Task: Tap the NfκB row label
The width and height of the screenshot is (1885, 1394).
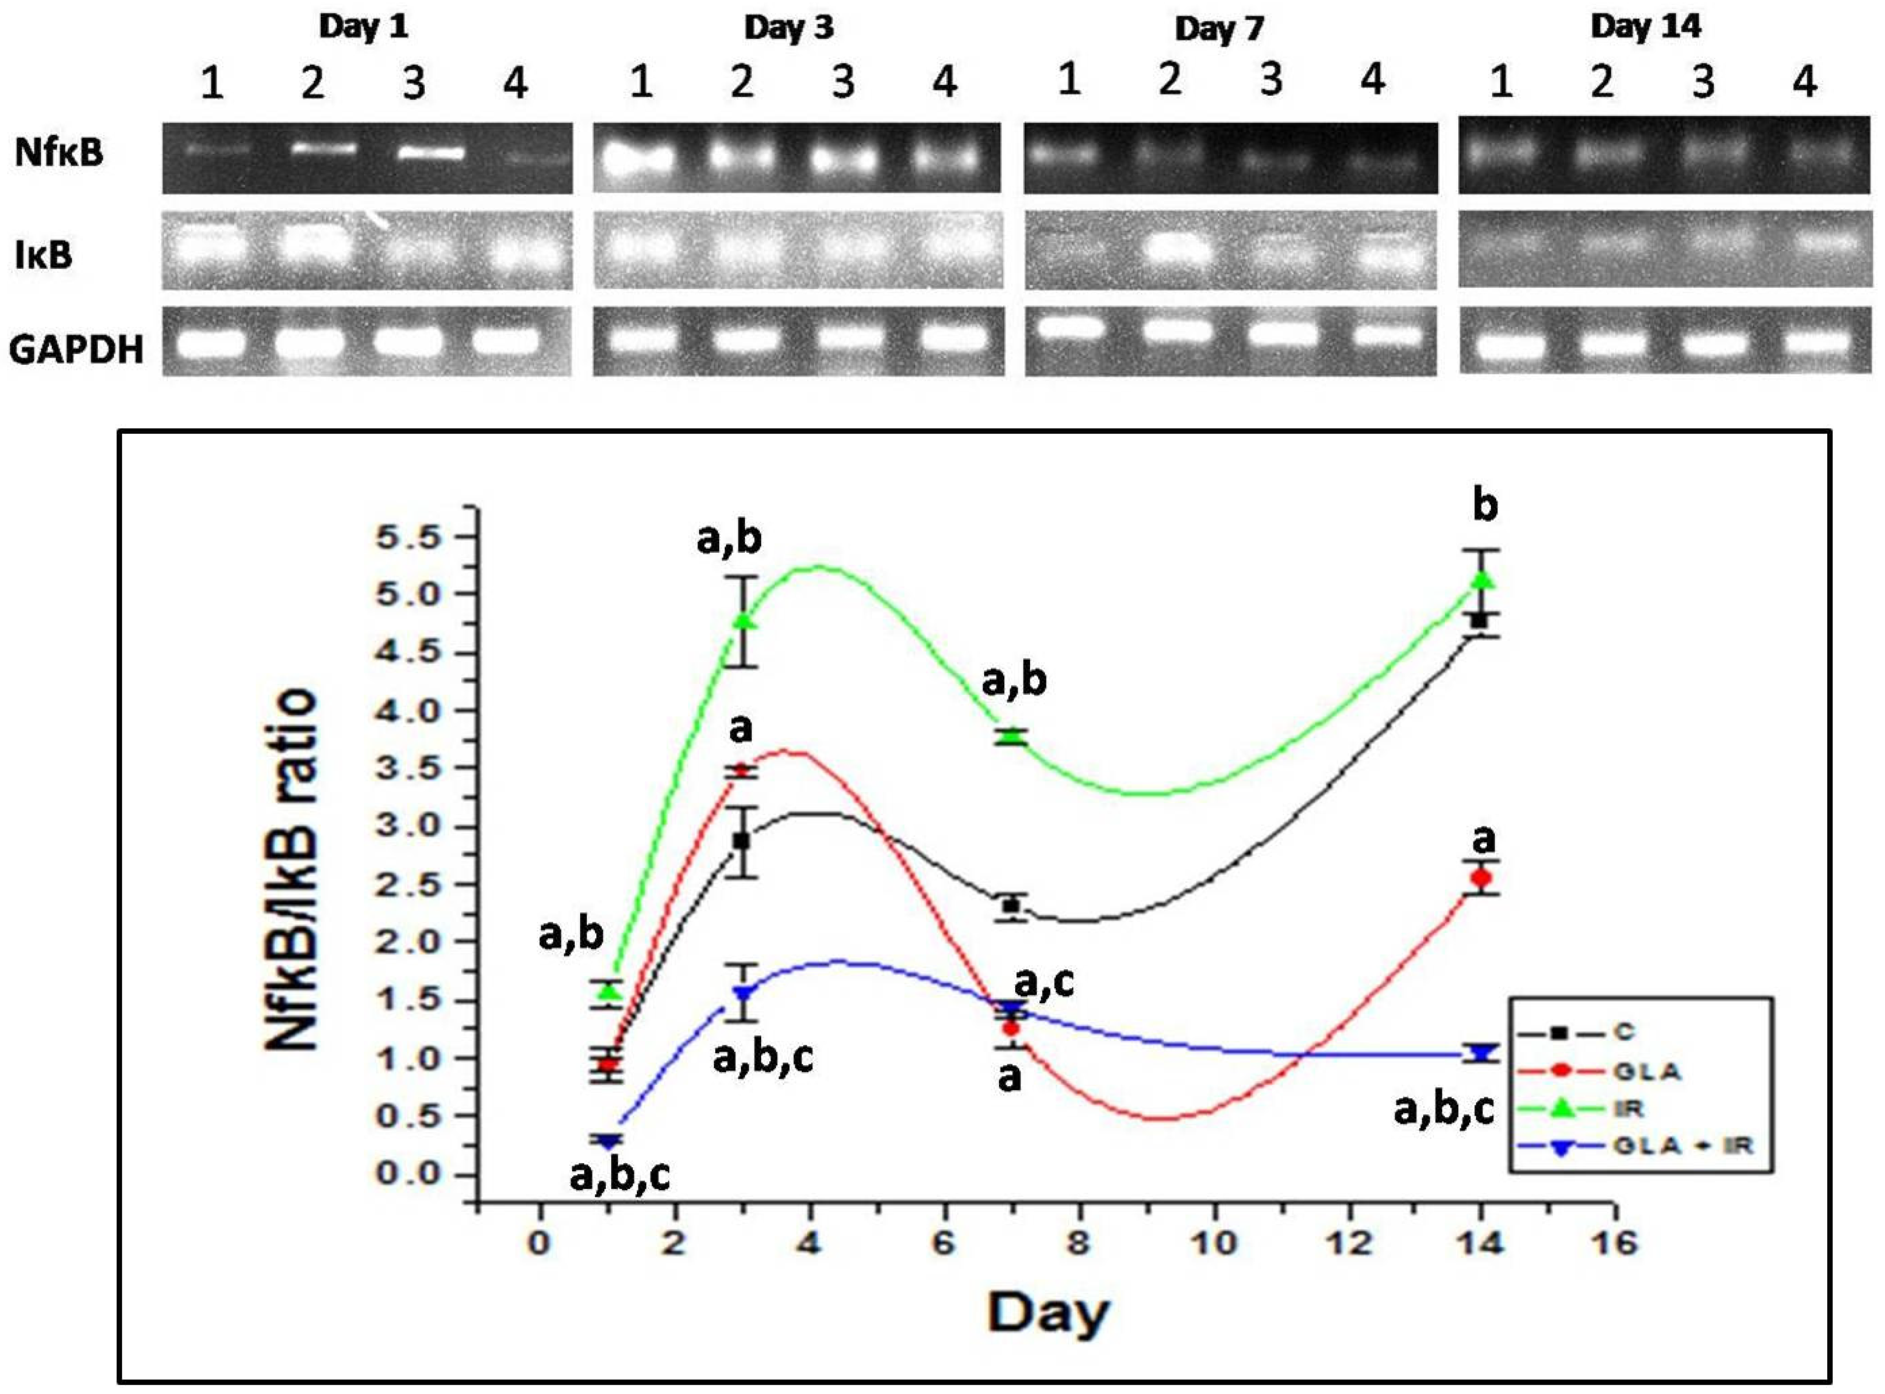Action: pos(59,153)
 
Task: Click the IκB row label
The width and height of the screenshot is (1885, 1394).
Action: pos(44,253)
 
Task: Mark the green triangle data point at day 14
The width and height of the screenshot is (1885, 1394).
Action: pos(1482,580)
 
